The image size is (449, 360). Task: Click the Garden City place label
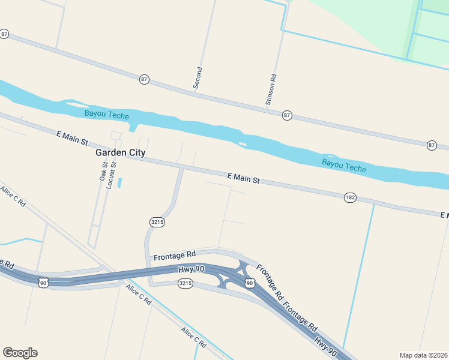[x=120, y=152]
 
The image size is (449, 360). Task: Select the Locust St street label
[x=111, y=175]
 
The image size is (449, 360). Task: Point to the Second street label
[x=198, y=78]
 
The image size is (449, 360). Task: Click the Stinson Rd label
[x=271, y=91]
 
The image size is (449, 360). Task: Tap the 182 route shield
[x=351, y=197]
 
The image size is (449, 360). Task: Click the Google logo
[x=20, y=353]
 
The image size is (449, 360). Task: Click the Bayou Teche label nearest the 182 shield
[x=343, y=165]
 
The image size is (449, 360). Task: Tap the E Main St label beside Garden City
[x=72, y=137]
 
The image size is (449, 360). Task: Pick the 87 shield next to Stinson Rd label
[x=288, y=115]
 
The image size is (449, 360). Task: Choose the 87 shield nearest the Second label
[x=144, y=79]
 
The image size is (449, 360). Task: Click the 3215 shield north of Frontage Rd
[x=157, y=222]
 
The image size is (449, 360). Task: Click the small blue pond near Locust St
[x=120, y=182]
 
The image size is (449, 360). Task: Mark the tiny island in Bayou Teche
[x=242, y=144]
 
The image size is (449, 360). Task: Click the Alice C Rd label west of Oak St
[x=13, y=197]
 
